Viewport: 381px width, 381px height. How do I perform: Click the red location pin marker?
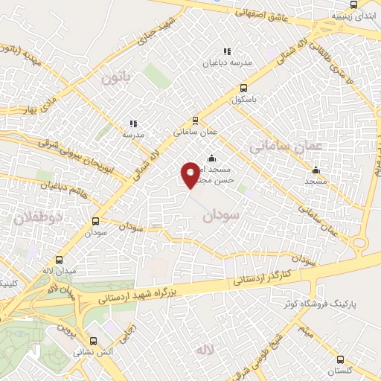[190, 175]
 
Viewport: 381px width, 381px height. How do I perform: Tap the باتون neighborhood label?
[116, 76]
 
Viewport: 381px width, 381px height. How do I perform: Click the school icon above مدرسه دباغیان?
[227, 51]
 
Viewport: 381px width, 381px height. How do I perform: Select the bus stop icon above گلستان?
[339, 359]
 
